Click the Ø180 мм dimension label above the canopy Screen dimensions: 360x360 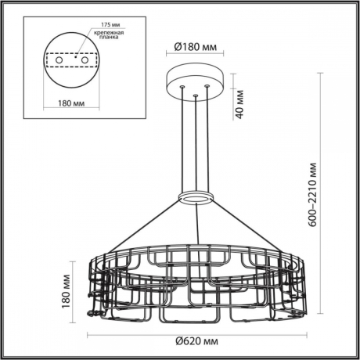coord(195,46)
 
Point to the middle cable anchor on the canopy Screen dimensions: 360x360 coord(195,97)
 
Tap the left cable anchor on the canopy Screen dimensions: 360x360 coord(183,87)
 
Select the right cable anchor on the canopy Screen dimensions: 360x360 coord(207,87)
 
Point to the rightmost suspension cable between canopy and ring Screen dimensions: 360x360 coord(207,141)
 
